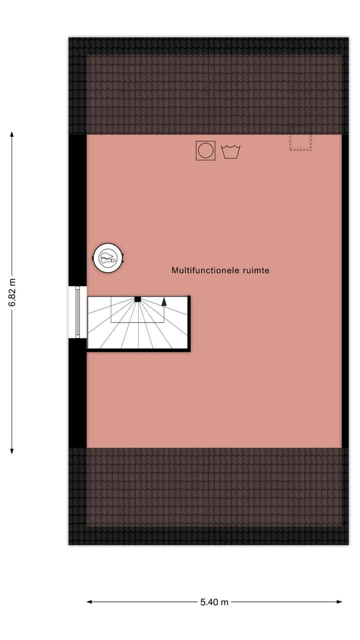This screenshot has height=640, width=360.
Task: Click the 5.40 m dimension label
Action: tap(214, 602)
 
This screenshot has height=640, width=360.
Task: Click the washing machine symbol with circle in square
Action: tap(205, 150)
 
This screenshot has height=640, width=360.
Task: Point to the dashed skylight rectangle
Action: tap(300, 142)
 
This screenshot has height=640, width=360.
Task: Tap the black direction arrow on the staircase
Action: tap(164, 301)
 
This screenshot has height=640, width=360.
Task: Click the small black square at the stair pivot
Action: tap(137, 299)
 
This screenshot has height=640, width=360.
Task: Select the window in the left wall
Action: tap(77, 312)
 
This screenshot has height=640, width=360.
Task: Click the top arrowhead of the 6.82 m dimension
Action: tap(12, 134)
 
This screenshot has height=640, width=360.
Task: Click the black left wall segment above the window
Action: tap(77, 210)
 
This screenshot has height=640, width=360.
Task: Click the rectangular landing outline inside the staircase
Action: tap(137, 312)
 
